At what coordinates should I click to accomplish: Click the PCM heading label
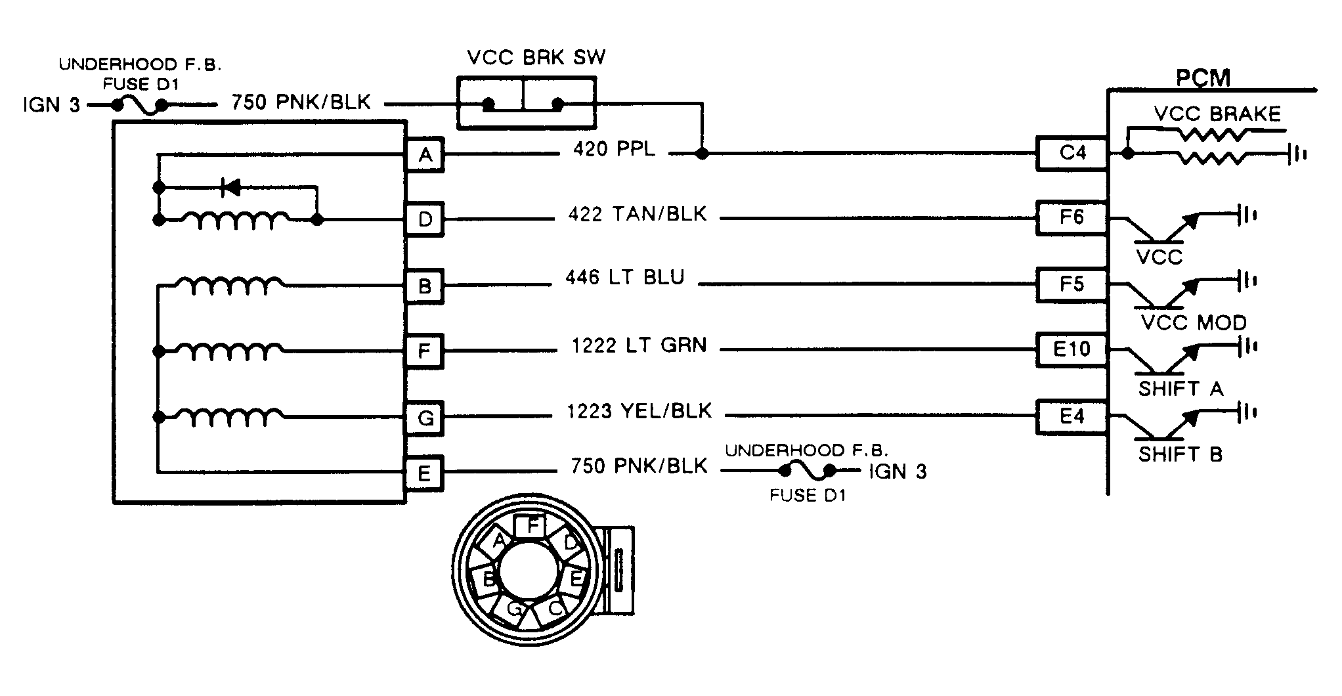(1203, 78)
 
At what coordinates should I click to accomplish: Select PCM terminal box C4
(1071, 154)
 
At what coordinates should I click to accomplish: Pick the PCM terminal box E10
(1071, 349)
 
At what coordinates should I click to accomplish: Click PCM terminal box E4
(1071, 416)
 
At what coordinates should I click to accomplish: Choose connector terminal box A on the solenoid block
(425, 155)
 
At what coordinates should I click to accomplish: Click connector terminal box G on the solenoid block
(425, 418)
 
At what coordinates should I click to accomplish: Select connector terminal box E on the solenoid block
(424, 473)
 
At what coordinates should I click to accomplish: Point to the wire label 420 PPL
(614, 150)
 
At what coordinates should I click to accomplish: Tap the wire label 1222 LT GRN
(639, 345)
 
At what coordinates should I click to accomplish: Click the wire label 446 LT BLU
(624, 278)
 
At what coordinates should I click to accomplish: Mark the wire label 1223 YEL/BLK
(639, 412)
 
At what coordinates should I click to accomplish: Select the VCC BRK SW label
(536, 58)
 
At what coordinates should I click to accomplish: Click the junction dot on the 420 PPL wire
(702, 154)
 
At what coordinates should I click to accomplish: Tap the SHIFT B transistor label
(1180, 454)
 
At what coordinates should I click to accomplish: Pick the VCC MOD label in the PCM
(1194, 323)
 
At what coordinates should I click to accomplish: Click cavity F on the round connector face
(532, 526)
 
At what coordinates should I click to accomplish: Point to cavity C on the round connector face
(554, 609)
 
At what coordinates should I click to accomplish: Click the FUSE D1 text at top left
(141, 85)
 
